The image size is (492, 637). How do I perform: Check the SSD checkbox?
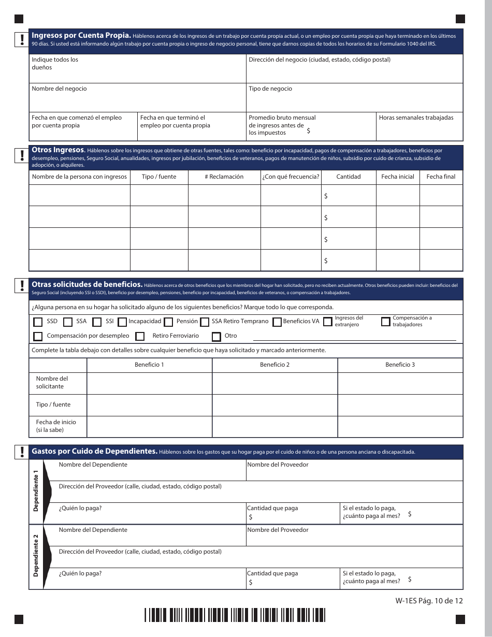pyautogui.click(x=38, y=322)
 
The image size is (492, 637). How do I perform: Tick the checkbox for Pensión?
pyautogui.click(x=168, y=322)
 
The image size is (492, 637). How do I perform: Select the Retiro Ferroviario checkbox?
pyautogui.click(x=140, y=337)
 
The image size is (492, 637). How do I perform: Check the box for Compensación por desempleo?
pyautogui.click(x=38, y=337)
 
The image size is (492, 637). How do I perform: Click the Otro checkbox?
pyautogui.click(x=216, y=337)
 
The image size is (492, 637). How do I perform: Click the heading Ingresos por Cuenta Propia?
pyautogui.click(x=81, y=36)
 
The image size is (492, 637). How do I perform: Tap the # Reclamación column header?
pyautogui.click(x=224, y=177)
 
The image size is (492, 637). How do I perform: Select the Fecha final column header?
pyautogui.click(x=441, y=177)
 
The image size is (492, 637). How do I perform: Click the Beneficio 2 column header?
pyautogui.click(x=274, y=365)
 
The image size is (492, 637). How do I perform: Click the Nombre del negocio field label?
pyautogui.click(x=59, y=89)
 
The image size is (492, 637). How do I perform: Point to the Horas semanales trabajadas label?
pyautogui.click(x=416, y=118)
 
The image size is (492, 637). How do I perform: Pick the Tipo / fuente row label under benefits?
pyautogui.click(x=53, y=404)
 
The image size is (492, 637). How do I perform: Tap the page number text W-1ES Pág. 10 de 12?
pyautogui.click(x=428, y=601)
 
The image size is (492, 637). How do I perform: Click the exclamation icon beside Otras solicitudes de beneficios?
pyautogui.click(x=22, y=285)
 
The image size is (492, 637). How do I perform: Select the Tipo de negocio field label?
pyautogui.click(x=270, y=89)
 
